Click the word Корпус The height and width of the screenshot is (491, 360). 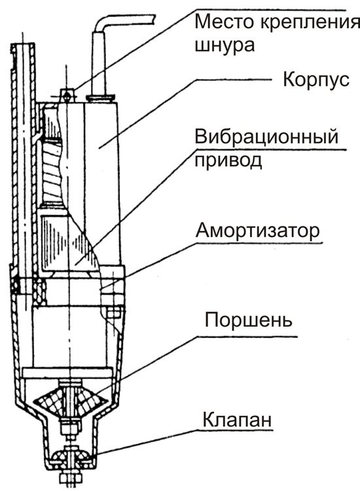pos(316,80)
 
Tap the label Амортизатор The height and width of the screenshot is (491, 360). pos(258,231)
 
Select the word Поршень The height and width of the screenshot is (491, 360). pos(248,320)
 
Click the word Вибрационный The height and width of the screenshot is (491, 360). pos(266,137)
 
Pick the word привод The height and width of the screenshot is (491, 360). pos(228,160)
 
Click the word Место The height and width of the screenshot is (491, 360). pos(224,22)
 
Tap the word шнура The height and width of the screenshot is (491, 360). pos(225,46)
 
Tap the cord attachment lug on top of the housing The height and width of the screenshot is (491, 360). pos(67,94)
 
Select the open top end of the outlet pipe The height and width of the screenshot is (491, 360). pos(23,46)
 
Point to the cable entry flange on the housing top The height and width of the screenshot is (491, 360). pos(100,99)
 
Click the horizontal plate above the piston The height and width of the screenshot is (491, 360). pos(67,373)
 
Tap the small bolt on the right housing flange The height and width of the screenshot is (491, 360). pos(115,312)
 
